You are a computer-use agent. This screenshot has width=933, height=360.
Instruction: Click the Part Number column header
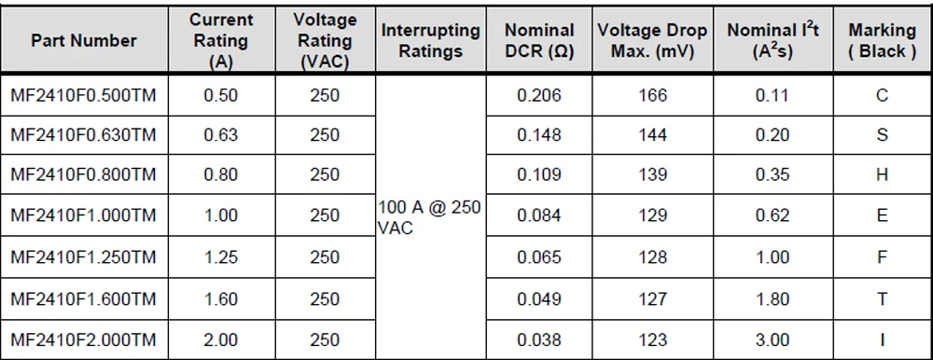click(x=84, y=40)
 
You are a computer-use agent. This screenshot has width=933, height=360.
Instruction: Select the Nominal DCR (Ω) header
click(x=539, y=40)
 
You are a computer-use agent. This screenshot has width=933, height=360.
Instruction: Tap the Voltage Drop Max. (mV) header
click(x=652, y=40)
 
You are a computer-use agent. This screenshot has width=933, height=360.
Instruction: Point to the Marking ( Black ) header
click(x=882, y=40)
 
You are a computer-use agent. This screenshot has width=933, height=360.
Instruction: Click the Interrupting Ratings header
click(x=430, y=40)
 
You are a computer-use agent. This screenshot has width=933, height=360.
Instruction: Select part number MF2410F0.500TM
click(x=83, y=95)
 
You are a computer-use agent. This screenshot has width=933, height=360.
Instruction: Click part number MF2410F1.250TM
click(x=83, y=257)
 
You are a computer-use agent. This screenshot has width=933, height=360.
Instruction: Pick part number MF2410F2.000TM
click(x=83, y=339)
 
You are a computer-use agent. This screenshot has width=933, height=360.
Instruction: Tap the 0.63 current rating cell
click(x=221, y=135)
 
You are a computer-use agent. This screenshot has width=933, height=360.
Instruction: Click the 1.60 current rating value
click(x=221, y=298)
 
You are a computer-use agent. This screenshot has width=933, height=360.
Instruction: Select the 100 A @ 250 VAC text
click(x=429, y=218)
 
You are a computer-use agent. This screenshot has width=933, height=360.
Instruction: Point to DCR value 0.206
click(x=539, y=95)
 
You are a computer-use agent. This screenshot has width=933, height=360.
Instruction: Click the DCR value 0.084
click(x=539, y=215)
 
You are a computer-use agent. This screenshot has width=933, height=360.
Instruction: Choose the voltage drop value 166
click(x=652, y=95)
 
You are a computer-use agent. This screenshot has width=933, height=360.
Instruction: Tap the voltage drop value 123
click(x=652, y=339)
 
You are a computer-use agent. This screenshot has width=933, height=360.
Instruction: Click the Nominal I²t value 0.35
click(x=773, y=175)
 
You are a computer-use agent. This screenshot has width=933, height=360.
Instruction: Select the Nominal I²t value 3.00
click(x=773, y=339)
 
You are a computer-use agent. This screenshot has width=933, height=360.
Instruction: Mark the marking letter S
click(x=882, y=135)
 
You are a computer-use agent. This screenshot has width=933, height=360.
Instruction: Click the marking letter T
click(x=882, y=298)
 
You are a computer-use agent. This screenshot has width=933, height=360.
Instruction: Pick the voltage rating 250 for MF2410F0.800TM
click(x=325, y=175)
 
